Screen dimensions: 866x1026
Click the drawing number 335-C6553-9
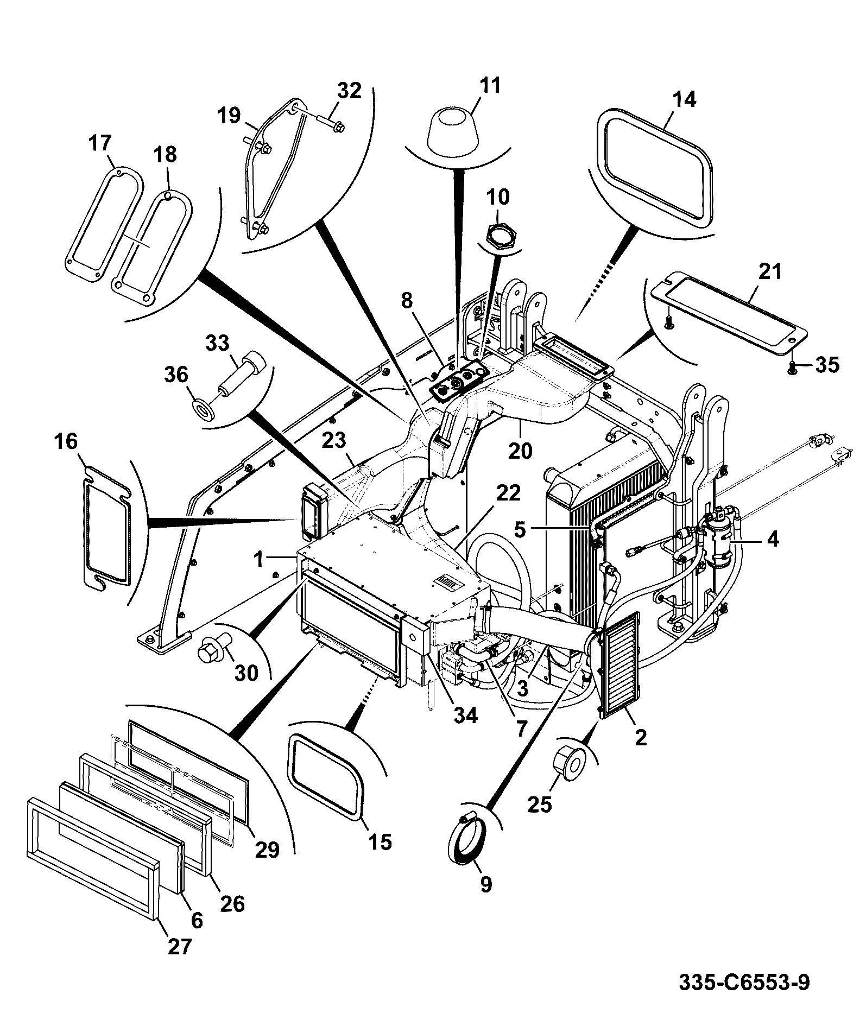744,982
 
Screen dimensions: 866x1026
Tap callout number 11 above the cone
489,86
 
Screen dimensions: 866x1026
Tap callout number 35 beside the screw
827,365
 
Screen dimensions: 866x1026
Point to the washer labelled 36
205,408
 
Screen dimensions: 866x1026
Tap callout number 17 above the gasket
100,143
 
